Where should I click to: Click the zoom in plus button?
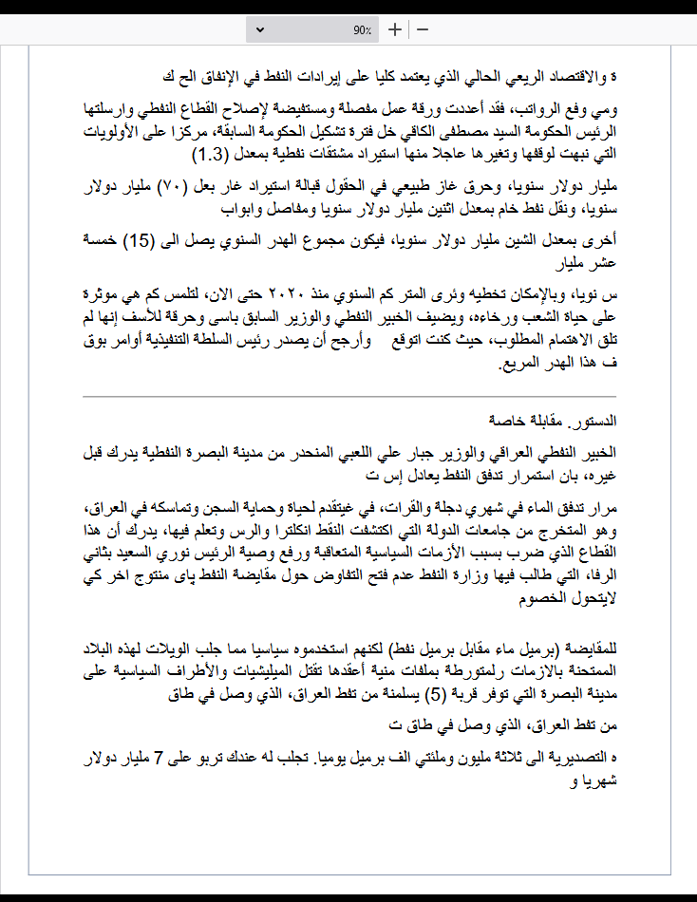pyautogui.click(x=395, y=29)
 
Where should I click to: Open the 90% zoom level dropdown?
pyautogui.click(x=260, y=30)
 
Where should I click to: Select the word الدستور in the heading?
pyautogui.click(x=595, y=419)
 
